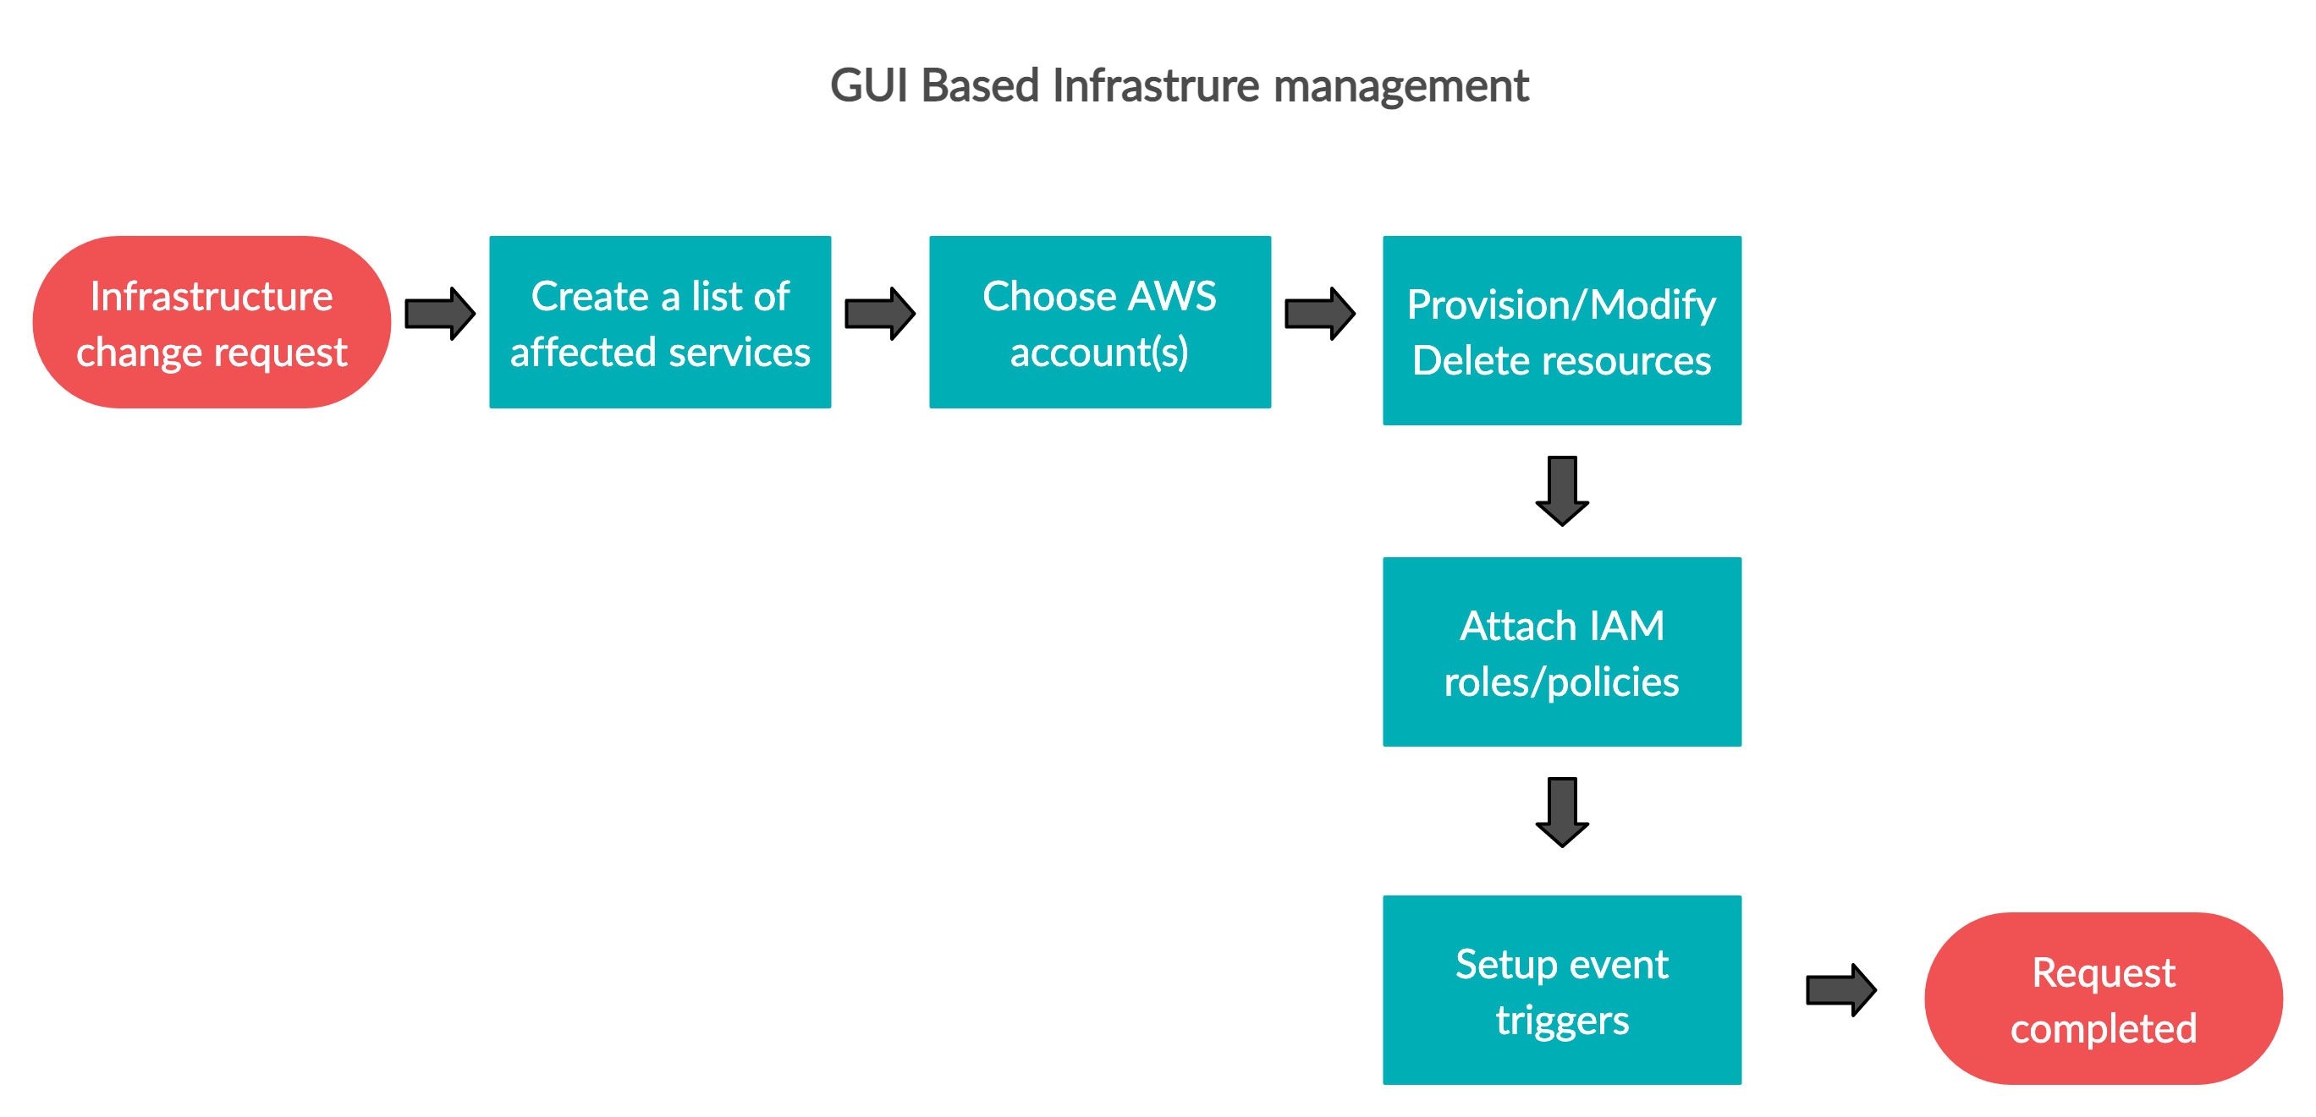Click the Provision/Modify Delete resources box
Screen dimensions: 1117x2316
[1562, 331]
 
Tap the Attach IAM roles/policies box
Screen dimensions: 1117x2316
[1562, 651]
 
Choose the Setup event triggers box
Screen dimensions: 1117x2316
[1562, 989]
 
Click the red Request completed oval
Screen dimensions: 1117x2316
[2103, 999]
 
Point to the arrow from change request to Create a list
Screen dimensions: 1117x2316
[440, 314]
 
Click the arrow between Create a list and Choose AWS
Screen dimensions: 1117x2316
[879, 314]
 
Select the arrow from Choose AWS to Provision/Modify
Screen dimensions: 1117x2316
[1319, 314]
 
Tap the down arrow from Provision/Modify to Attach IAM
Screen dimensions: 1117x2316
[1562, 490]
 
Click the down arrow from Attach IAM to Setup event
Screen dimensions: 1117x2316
[1562, 812]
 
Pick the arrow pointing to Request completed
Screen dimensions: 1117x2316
[1840, 989]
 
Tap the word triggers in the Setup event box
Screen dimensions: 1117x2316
[1562, 1021]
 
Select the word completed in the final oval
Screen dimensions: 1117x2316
[2103, 1029]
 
